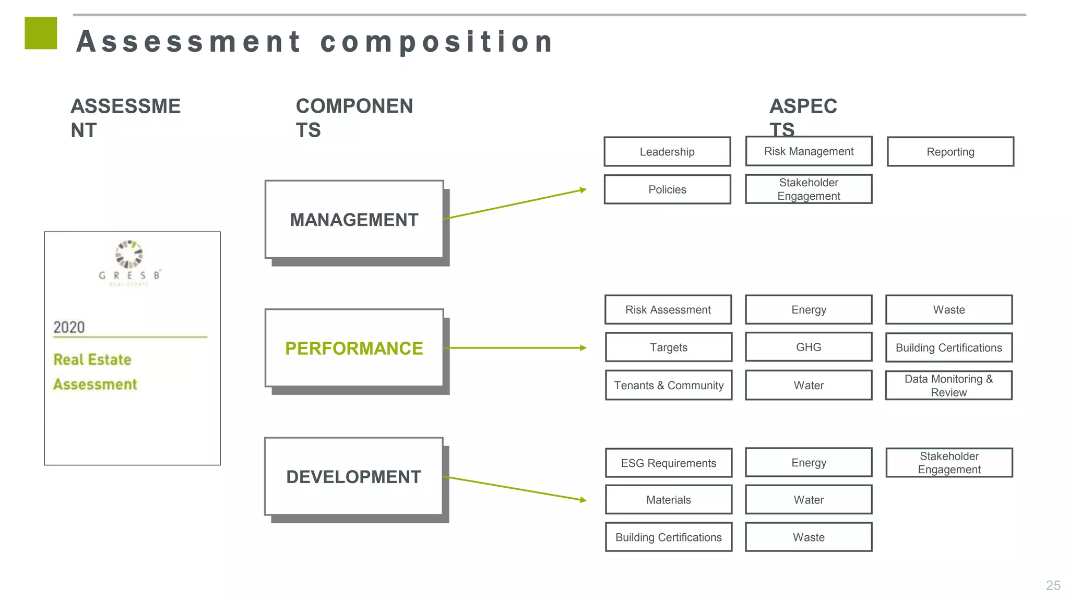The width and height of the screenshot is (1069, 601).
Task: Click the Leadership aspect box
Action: (667, 152)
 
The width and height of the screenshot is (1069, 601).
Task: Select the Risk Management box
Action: (809, 151)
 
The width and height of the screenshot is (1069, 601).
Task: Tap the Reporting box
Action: (950, 152)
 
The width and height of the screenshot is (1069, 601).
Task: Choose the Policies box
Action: (667, 189)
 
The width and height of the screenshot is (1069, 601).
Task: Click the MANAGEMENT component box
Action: (354, 220)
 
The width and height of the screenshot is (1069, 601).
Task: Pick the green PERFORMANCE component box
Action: (354, 348)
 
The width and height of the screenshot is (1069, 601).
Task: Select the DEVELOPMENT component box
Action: (353, 476)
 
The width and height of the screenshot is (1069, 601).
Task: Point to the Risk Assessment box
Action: (668, 309)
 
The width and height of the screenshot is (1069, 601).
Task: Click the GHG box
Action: (809, 347)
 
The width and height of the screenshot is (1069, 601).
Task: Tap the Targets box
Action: (669, 347)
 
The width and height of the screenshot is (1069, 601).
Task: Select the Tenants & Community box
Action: (669, 385)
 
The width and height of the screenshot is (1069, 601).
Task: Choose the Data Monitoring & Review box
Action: (948, 386)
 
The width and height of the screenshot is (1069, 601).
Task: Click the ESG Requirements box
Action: (669, 463)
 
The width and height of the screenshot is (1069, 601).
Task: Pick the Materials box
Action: (669, 500)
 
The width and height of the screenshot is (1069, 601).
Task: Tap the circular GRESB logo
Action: (129, 254)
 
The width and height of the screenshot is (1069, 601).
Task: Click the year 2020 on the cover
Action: (69, 327)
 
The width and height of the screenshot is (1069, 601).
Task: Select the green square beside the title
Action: (41, 33)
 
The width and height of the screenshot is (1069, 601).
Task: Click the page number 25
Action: (1053, 585)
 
